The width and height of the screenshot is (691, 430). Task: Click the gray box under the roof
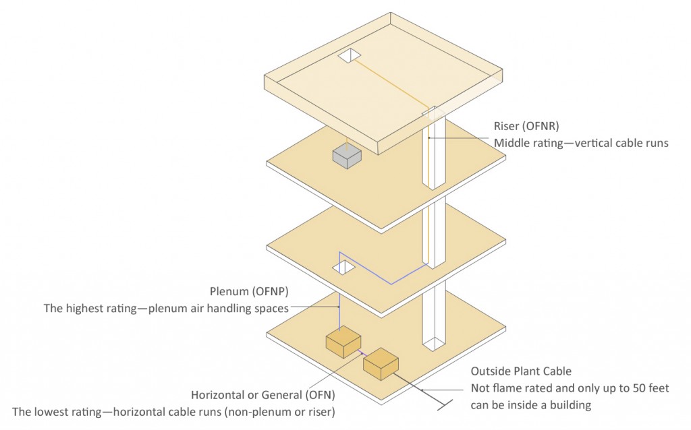346,156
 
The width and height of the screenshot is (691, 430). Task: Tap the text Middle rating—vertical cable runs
581,143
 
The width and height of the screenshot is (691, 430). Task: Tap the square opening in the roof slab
349,56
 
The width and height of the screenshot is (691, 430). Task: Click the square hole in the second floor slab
343,268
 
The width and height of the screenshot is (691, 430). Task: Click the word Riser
508,125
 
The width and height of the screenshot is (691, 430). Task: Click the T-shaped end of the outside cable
442,404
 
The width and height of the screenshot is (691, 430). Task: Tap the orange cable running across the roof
391,84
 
